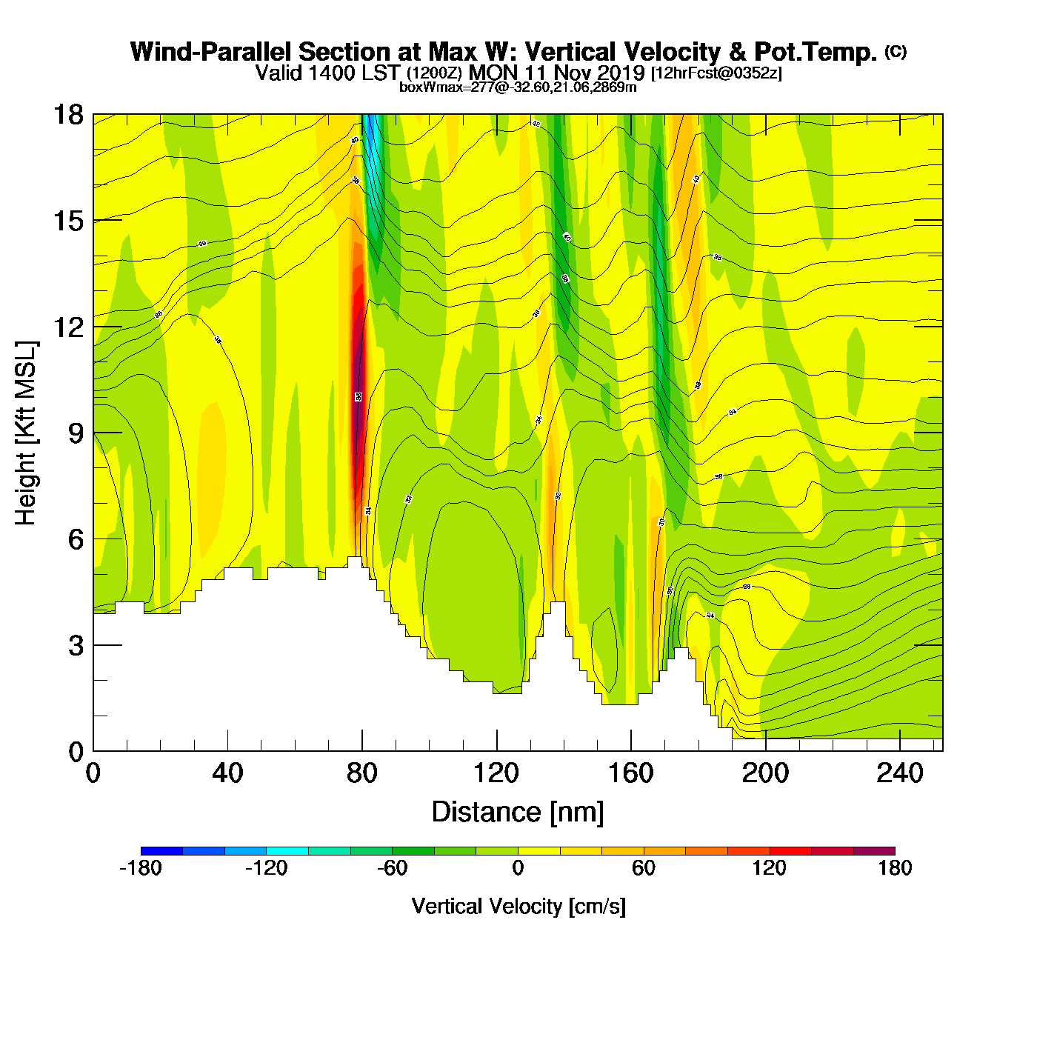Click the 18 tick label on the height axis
coord(67,115)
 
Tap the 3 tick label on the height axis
coord(76,645)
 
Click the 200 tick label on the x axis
coord(765,773)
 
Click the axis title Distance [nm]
coord(518,812)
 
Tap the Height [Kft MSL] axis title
coord(26,433)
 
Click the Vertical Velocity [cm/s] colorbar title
coord(518,906)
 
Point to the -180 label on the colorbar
coord(141,868)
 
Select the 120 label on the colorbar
coord(770,868)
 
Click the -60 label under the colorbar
coord(392,868)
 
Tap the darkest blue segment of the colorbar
coord(161,851)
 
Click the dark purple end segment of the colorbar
coord(874,851)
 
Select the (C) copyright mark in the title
coord(896,51)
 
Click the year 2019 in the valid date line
coord(621,73)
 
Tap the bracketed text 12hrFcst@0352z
coord(716,73)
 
